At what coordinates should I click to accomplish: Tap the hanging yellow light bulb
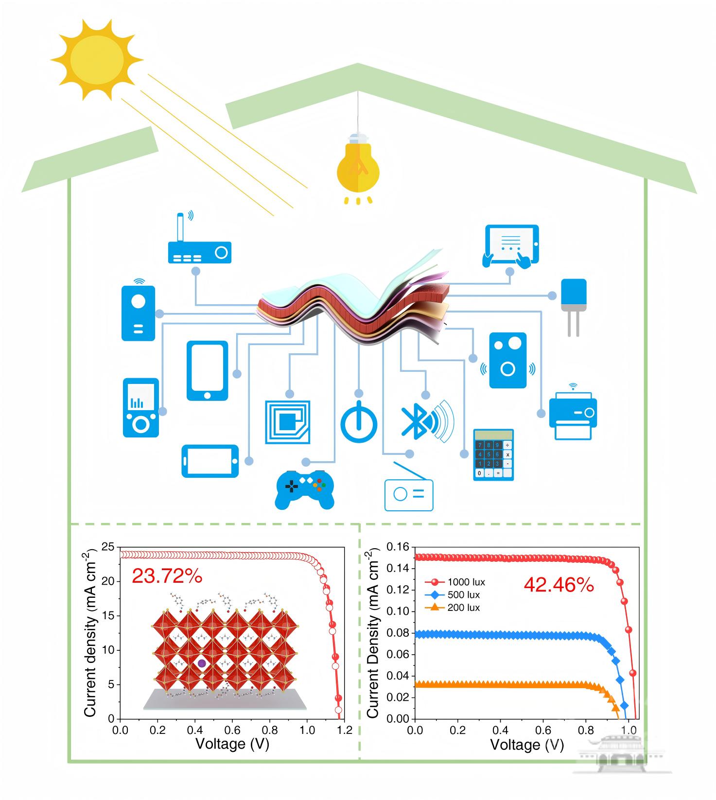coord(358,165)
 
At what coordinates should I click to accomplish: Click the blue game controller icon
coord(304,489)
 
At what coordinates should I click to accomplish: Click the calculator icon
coord(493,455)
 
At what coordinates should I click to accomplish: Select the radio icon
coord(408,494)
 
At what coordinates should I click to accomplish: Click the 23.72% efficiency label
coord(167,576)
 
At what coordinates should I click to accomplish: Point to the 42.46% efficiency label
coord(559,585)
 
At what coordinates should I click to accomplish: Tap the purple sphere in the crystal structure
coord(202,663)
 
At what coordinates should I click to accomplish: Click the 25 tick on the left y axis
coord(108,548)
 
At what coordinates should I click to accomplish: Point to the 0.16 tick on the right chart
coord(398,547)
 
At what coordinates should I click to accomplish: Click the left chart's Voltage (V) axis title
coord(232,744)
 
